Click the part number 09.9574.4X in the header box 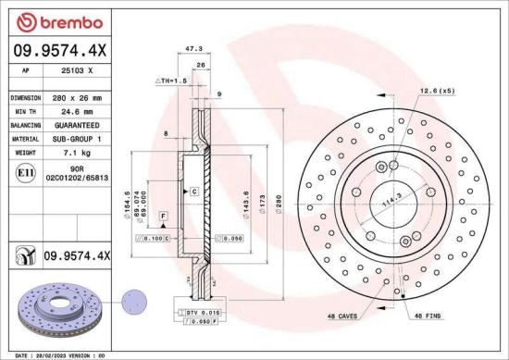pos(58,53)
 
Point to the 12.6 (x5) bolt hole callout pos(438,91)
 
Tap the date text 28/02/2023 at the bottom pos(54,354)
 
